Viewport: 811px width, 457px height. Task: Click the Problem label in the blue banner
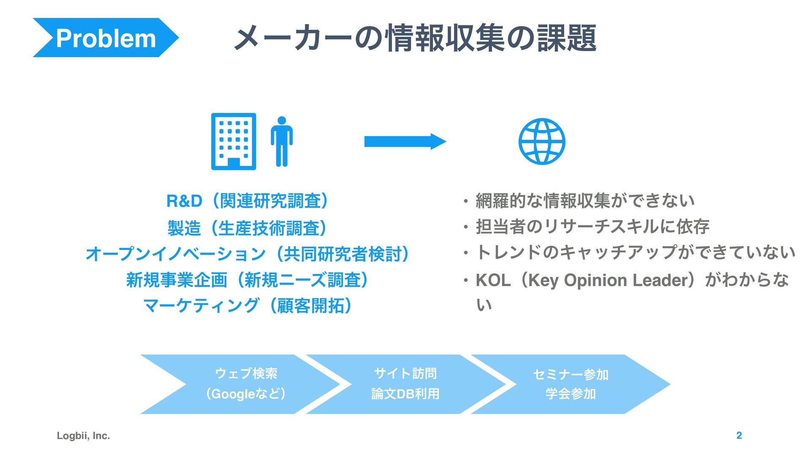click(106, 38)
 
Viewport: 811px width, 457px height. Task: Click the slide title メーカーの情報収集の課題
click(415, 38)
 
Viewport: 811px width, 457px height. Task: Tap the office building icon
click(234, 141)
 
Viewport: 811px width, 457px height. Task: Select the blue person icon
click(282, 141)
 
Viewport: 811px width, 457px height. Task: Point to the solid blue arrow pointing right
click(405, 142)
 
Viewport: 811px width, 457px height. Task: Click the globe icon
click(542, 141)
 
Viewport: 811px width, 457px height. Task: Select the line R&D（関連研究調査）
click(248, 201)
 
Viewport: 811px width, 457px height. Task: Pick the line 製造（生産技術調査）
click(248, 228)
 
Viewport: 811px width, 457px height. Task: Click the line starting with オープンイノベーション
click(248, 254)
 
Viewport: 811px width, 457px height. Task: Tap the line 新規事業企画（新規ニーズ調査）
click(248, 280)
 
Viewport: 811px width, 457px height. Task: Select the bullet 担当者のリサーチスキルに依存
click(592, 227)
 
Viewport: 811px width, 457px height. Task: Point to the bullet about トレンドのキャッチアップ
click(635, 252)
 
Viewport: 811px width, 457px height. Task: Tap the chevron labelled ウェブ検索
click(246, 384)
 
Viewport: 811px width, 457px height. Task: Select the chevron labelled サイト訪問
click(405, 384)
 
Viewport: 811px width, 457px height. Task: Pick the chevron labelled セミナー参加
click(570, 384)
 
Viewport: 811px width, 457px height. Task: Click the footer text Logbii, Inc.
click(83, 436)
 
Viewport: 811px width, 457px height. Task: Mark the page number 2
click(739, 435)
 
